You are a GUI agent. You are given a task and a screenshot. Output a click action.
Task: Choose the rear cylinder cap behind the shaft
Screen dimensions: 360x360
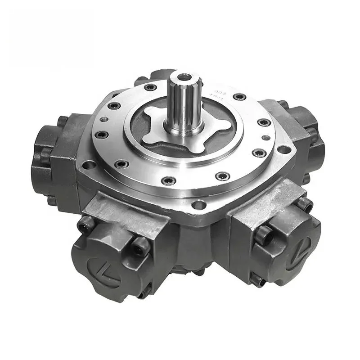(x=162, y=76)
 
